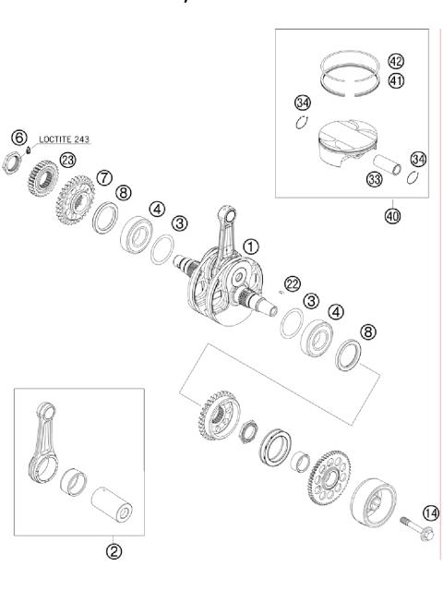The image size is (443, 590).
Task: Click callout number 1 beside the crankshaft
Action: pos(253,247)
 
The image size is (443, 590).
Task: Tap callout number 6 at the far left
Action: pos(18,137)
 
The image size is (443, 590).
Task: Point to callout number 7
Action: pos(103,175)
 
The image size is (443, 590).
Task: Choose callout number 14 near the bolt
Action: pos(430,513)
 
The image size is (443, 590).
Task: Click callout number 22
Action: pos(293,283)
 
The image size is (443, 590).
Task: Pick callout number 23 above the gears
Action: pos(66,160)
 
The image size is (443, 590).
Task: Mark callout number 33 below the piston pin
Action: pos(375,180)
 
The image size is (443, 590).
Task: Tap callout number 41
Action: pos(396,80)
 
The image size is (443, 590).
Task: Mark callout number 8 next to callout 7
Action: pos(124,194)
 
